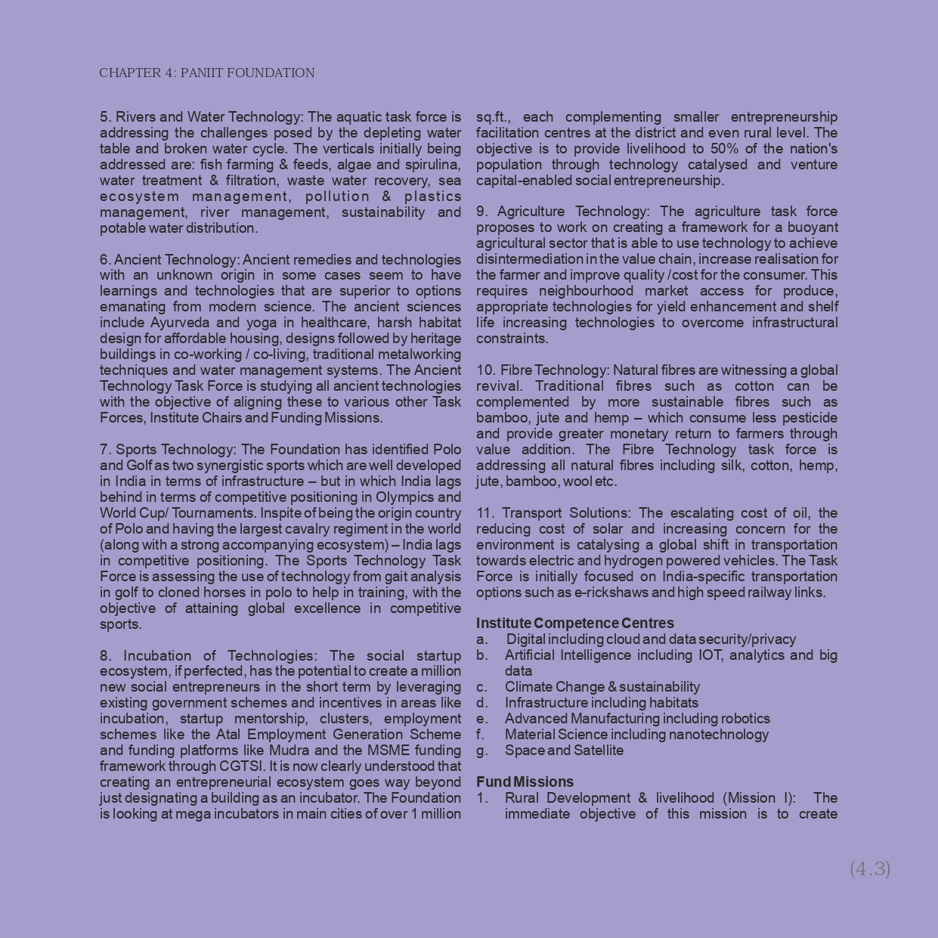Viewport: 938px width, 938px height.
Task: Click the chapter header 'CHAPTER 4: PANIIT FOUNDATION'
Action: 206,73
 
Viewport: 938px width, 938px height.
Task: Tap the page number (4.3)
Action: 870,868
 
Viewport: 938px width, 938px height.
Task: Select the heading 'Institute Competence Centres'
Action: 574,623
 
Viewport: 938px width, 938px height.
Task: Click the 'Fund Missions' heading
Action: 525,782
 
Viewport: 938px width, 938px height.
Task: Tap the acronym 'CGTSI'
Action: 241,766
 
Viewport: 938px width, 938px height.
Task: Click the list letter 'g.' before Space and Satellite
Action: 482,751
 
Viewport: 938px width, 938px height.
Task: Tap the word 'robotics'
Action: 745,719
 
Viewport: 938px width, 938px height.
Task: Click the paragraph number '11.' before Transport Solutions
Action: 484,513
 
